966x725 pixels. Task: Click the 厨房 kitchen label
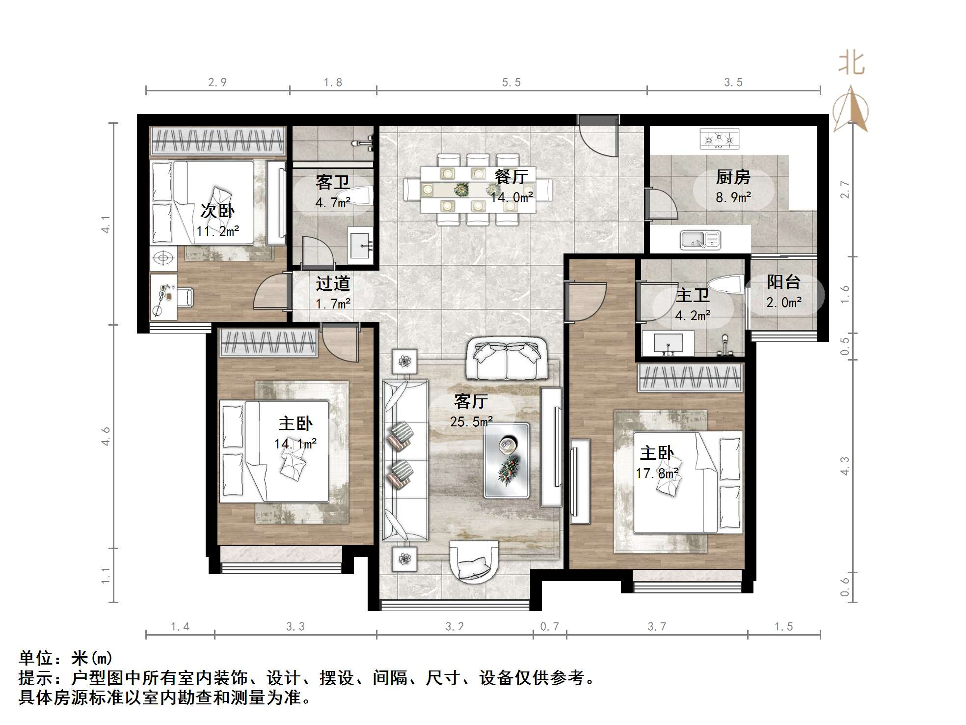point(733,177)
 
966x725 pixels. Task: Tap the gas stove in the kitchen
point(719,139)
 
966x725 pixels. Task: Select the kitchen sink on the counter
point(700,240)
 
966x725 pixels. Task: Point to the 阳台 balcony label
point(783,282)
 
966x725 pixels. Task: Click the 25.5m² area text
point(471,421)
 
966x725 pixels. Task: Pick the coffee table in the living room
point(507,460)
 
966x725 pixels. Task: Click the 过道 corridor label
point(333,283)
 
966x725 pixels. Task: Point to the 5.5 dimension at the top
point(511,83)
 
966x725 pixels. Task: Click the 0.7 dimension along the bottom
point(549,626)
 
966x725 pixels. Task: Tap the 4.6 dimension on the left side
point(106,436)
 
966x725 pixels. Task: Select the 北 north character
point(851,64)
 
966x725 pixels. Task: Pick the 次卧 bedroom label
point(217,211)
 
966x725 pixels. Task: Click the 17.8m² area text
point(657,473)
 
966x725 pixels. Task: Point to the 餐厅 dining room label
point(511,177)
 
